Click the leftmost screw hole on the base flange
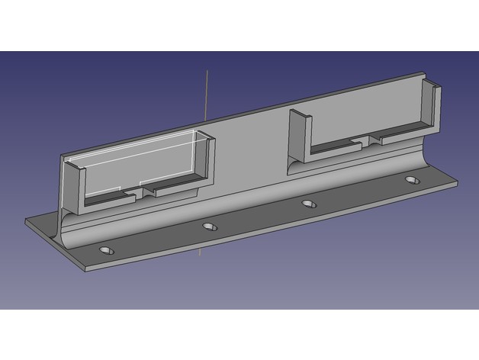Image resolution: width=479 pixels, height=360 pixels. (x=105, y=250)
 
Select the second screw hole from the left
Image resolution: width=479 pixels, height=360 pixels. (x=210, y=227)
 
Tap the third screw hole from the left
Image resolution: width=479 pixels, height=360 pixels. (x=309, y=204)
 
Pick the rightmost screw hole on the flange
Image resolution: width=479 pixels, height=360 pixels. (x=413, y=181)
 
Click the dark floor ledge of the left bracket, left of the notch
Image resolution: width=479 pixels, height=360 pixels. (x=107, y=198)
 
